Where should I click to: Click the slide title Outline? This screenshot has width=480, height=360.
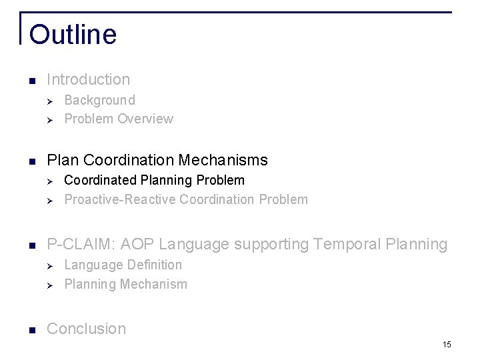click(73, 35)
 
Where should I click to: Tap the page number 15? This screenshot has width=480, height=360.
click(446, 344)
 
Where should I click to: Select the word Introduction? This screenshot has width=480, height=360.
click(89, 79)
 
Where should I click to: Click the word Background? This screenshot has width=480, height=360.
click(99, 100)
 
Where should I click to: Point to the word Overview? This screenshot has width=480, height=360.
click(145, 119)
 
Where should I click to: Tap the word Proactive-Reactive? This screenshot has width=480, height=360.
click(120, 199)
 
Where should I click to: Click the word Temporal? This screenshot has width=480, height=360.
click(341, 245)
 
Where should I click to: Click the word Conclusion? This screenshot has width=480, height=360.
click(86, 329)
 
